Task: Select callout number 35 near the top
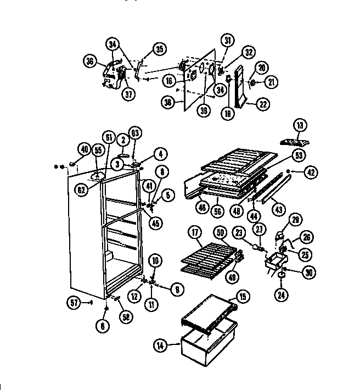159,49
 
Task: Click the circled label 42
311,172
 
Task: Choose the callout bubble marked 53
299,155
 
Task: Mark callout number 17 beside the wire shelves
195,232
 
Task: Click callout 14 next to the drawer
160,346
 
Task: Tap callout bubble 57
74,301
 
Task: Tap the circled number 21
271,82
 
